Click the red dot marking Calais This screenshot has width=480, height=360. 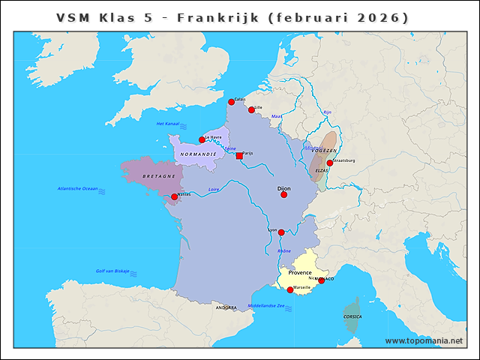tap(231, 102)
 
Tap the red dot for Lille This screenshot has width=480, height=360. tap(251, 109)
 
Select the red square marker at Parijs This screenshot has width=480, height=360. tap(239, 156)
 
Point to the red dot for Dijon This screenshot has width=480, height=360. tap(283, 194)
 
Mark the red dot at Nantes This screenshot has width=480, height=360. tap(175, 197)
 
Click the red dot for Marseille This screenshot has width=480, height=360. tap(290, 289)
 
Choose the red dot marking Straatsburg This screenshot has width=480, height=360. tap(329, 163)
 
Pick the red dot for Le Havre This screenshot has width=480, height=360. tap(202, 139)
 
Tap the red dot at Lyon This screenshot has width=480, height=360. tap(281, 232)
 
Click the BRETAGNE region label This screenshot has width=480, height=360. tap(158, 175)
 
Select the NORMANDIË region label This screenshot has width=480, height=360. tap(198, 154)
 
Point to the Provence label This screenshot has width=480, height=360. tap(300, 272)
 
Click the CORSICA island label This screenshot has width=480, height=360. tap(352, 316)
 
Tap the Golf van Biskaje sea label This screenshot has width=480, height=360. tap(112, 271)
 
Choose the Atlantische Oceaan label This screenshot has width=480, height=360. tap(77, 188)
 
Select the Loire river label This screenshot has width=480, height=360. tap(214, 189)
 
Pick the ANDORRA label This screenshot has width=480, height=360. tap(226, 307)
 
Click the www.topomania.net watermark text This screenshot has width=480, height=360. tap(424, 340)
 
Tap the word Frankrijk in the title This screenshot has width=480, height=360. tap(213, 17)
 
